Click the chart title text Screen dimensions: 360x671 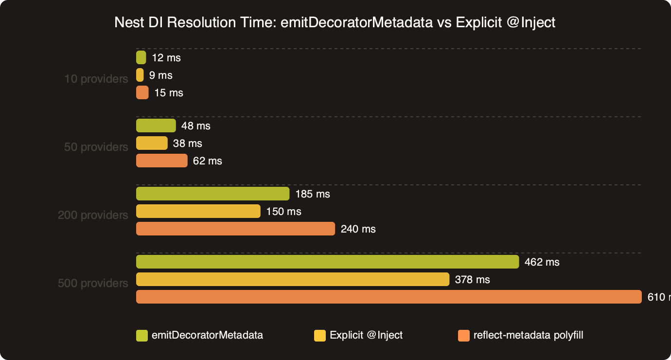[335, 22]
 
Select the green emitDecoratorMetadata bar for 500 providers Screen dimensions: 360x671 [327, 262]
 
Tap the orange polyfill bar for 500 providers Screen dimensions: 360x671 [388, 297]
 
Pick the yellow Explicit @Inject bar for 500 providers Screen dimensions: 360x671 [292, 279]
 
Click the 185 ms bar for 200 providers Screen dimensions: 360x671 [212, 194]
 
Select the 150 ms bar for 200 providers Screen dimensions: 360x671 [198, 211]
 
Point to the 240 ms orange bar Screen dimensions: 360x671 [235, 229]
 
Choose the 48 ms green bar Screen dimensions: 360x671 [156, 126]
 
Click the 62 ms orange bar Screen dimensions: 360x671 [161, 161]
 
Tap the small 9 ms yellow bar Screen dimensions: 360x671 [140, 75]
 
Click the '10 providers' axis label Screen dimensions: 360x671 [96, 79]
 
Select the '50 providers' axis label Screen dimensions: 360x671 [96, 147]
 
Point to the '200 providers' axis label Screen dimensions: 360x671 [93, 215]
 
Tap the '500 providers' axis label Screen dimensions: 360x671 [93, 283]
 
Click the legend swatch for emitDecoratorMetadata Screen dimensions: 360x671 [141, 335]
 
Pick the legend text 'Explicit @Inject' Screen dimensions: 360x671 [366, 335]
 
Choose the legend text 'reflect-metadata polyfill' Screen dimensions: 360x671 [528, 335]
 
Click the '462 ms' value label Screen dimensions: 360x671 [542, 262]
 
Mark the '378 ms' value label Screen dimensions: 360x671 [472, 280]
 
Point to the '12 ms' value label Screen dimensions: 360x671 [166, 58]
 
